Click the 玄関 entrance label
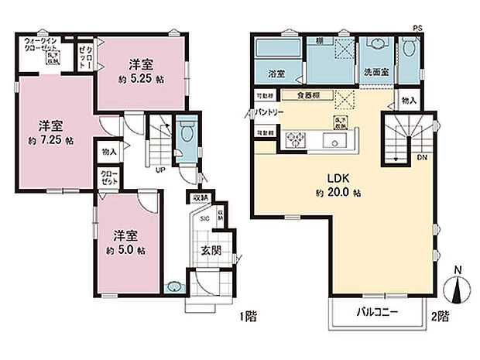[213, 249]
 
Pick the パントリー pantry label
[268, 113]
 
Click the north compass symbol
[458, 289]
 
